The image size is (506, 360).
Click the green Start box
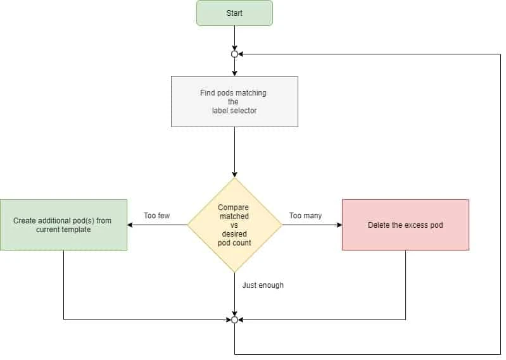point(234,13)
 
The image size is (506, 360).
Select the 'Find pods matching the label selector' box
point(234,101)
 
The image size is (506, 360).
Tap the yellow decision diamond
point(234,225)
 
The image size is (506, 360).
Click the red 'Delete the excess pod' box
point(405,225)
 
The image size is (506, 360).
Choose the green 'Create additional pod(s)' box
point(63,225)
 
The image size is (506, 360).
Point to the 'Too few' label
point(156,216)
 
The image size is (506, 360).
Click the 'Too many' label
point(305,216)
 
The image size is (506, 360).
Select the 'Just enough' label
point(263,285)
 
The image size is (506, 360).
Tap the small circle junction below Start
point(234,54)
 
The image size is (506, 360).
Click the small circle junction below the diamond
point(234,320)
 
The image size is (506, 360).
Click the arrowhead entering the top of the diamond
point(234,174)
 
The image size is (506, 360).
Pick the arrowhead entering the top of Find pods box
point(234,73)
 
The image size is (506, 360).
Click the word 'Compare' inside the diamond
point(233,208)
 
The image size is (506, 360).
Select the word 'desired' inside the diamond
point(234,233)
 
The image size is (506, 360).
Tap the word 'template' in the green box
point(76,230)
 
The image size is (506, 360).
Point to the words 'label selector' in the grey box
point(234,111)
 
